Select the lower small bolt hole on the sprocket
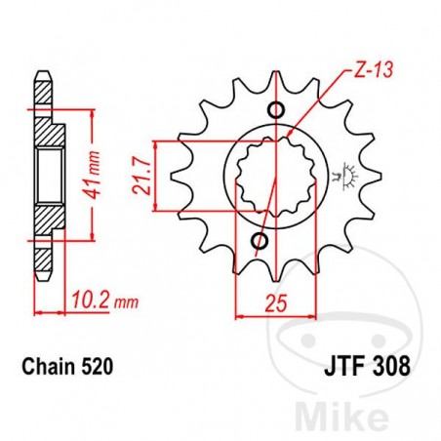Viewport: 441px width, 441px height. click(260, 240)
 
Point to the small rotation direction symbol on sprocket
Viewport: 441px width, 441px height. click(341, 178)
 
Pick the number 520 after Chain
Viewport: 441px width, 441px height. click(99, 368)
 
